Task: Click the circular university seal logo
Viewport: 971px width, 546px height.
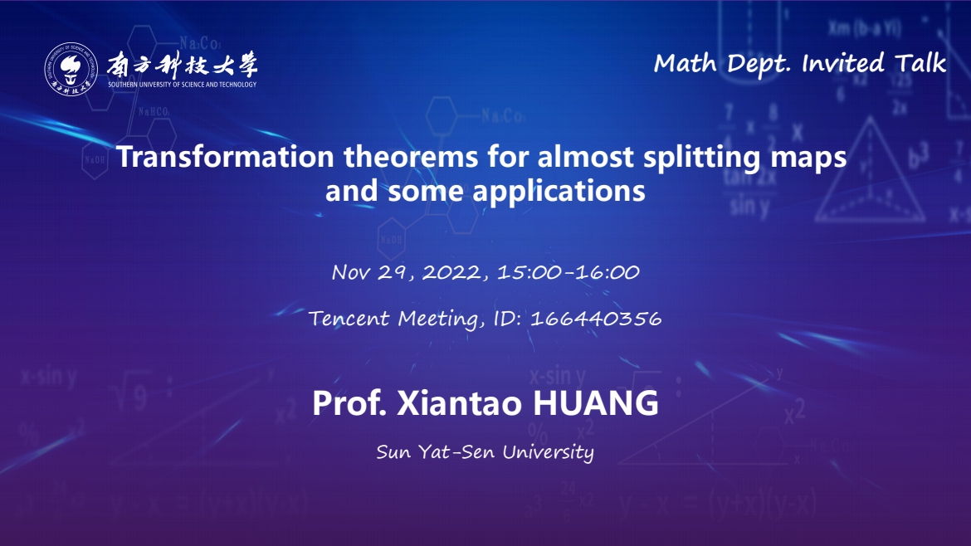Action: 71,70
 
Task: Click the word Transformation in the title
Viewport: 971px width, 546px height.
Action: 226,157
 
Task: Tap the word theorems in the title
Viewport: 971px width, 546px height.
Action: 411,157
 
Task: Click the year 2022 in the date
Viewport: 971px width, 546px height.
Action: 451,272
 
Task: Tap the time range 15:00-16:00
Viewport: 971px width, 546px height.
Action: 568,272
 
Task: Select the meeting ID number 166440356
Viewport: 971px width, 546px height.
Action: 596,318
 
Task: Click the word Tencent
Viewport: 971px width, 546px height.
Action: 349,318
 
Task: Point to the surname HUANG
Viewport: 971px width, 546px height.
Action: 596,403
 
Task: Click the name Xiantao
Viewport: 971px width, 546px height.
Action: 460,403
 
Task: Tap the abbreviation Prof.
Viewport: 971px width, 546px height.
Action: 350,403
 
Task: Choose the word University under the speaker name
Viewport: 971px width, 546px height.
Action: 548,452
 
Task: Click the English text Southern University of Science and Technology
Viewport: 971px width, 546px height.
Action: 182,84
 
